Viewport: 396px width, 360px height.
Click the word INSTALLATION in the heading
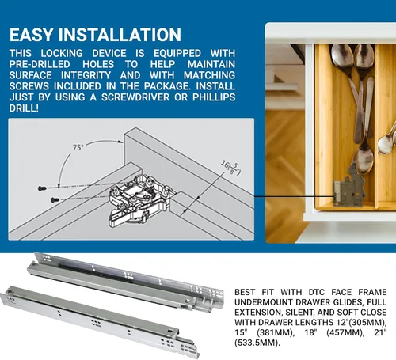120,35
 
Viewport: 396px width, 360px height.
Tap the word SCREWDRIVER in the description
135,97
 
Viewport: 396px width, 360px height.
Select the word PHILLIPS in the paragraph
214,97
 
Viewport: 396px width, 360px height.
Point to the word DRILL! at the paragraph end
24,108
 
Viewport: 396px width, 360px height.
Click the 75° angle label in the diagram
78,147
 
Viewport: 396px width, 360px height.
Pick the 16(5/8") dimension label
230,168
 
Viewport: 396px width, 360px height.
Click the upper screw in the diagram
42,188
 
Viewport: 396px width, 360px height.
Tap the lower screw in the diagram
55,200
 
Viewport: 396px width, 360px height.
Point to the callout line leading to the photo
294,196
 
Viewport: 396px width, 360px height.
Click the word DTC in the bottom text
317,292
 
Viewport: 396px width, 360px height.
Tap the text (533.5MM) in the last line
257,343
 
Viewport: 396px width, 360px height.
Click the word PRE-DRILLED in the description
40,64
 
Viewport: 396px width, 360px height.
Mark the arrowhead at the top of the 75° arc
120,142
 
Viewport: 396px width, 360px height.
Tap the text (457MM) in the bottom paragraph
344,332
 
